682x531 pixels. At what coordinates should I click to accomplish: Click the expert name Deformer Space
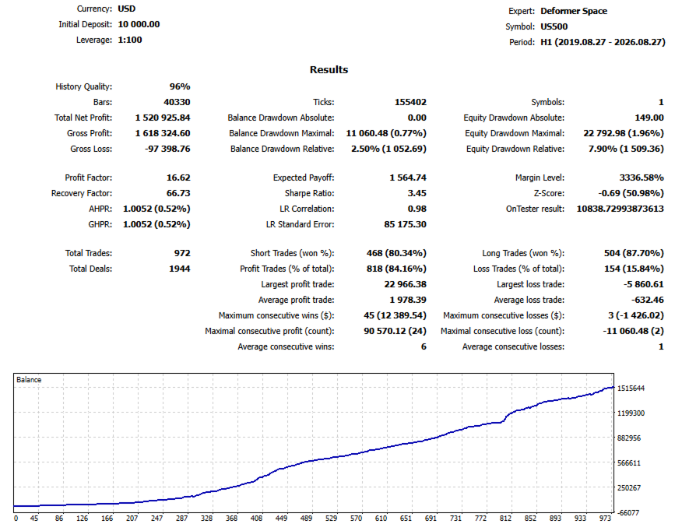574,12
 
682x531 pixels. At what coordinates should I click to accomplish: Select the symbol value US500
554,26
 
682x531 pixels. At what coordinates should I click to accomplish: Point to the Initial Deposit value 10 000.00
139,24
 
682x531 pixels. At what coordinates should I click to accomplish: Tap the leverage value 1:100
130,40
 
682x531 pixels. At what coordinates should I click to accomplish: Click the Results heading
329,69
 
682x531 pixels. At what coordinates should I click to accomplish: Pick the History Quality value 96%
180,86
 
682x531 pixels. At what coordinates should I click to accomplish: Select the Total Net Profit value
163,118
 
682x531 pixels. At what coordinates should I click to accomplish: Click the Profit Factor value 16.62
178,178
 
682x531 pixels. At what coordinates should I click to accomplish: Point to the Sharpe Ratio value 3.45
417,194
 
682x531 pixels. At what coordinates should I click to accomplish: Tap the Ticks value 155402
410,102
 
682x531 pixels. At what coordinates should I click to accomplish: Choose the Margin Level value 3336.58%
642,178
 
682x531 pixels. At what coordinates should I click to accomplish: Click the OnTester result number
620,209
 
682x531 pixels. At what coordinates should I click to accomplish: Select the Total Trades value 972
182,254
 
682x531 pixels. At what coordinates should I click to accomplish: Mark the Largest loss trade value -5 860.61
644,284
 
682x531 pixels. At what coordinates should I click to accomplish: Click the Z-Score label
549,194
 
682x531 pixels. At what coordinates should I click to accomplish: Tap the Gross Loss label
91,149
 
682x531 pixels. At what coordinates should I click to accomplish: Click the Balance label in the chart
29,380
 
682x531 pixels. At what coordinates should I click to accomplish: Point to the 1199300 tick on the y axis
631,413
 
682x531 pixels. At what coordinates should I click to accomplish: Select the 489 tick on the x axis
306,519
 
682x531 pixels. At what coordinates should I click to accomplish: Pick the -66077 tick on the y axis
629,513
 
